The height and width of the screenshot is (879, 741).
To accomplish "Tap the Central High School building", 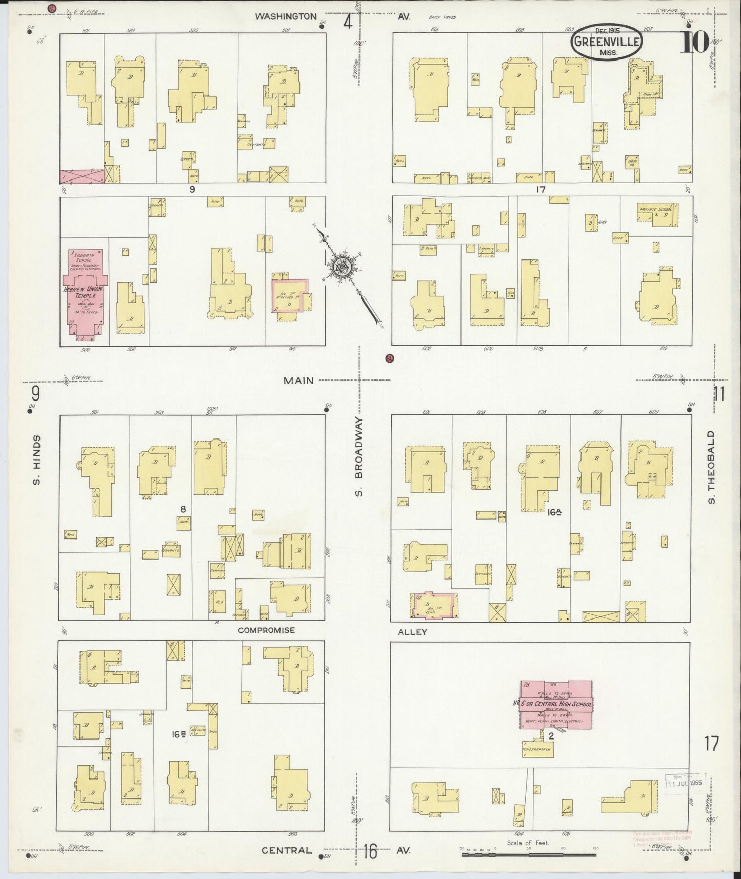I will point(556,704).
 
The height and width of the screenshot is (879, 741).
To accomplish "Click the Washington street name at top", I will point(286,16).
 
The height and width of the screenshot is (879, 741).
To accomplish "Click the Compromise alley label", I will point(266,630).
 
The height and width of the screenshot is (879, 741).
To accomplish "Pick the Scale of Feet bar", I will point(528,855).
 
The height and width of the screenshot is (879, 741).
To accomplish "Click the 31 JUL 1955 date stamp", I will point(685,784).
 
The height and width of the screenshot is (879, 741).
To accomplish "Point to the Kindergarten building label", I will point(536,749).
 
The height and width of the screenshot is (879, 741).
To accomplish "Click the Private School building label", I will point(658,210).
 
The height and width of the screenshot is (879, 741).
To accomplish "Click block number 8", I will point(183,509).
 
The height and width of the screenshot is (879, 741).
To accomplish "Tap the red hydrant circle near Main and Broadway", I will point(389,358).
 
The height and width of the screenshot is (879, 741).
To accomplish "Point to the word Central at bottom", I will point(286,850).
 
